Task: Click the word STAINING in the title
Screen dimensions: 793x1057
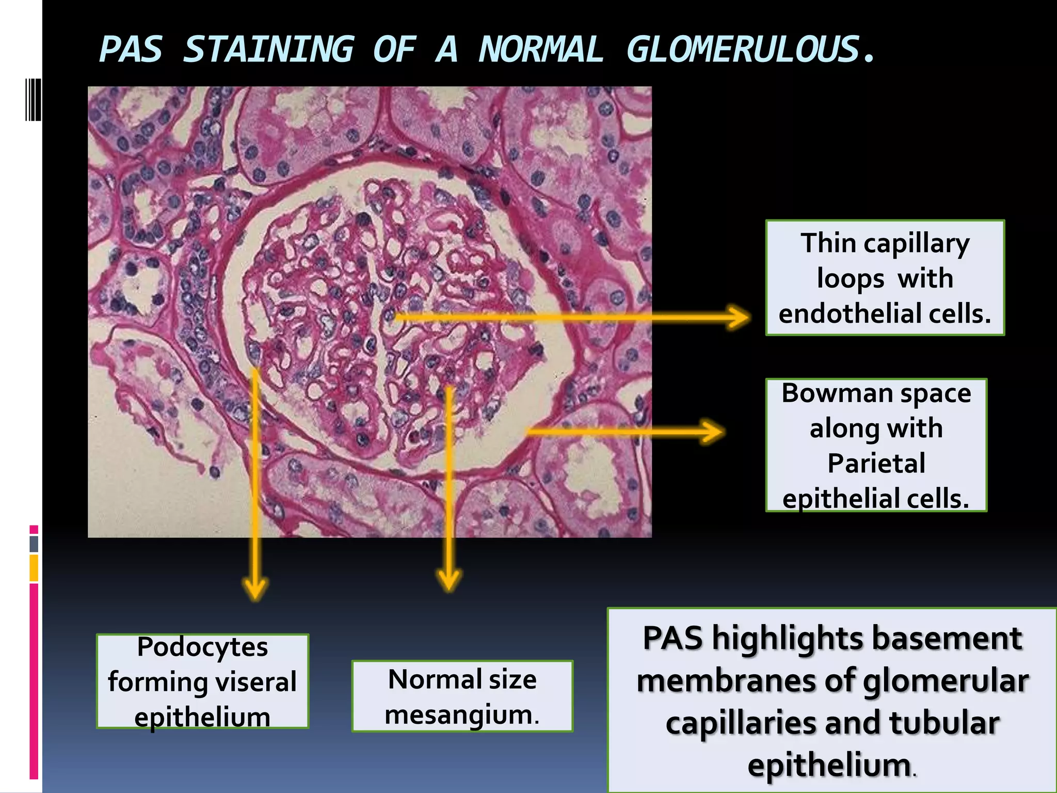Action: pos(268,50)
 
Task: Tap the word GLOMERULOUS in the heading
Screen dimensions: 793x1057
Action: pos(743,50)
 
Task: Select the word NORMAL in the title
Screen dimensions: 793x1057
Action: pos(541,50)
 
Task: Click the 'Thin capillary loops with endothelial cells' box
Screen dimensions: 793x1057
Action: pos(885,278)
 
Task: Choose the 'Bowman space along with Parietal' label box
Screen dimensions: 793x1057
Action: pos(876,445)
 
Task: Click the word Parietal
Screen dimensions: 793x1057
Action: pos(876,463)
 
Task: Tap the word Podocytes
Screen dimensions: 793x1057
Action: pos(202,646)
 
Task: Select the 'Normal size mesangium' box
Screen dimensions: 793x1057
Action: pos(462,696)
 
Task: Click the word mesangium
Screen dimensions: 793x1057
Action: pos(462,715)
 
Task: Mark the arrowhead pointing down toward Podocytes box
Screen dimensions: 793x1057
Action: pos(255,589)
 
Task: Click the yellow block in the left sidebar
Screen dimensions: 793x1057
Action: pos(34,568)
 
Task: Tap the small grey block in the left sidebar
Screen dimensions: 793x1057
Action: pos(34,544)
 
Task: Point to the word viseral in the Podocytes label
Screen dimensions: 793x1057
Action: pos(256,682)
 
